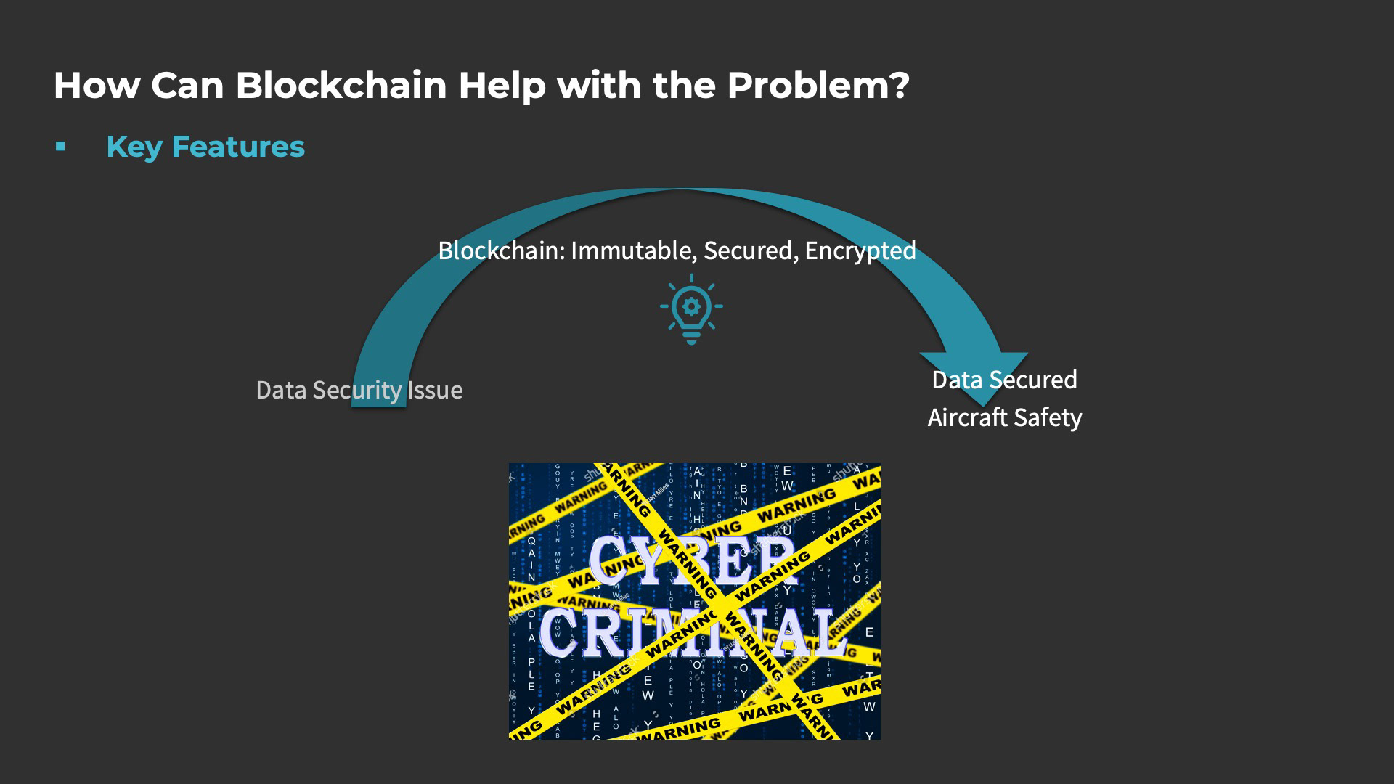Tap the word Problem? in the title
point(818,86)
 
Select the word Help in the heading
point(502,86)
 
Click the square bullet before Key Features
point(60,147)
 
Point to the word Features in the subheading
point(238,147)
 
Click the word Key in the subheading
point(134,147)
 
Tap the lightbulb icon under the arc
point(691,309)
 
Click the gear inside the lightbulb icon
point(691,306)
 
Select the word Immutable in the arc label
point(634,250)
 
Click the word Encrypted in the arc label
point(860,250)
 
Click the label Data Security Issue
point(359,391)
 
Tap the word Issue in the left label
point(434,391)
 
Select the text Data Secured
point(1004,380)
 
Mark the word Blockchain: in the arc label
point(502,250)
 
